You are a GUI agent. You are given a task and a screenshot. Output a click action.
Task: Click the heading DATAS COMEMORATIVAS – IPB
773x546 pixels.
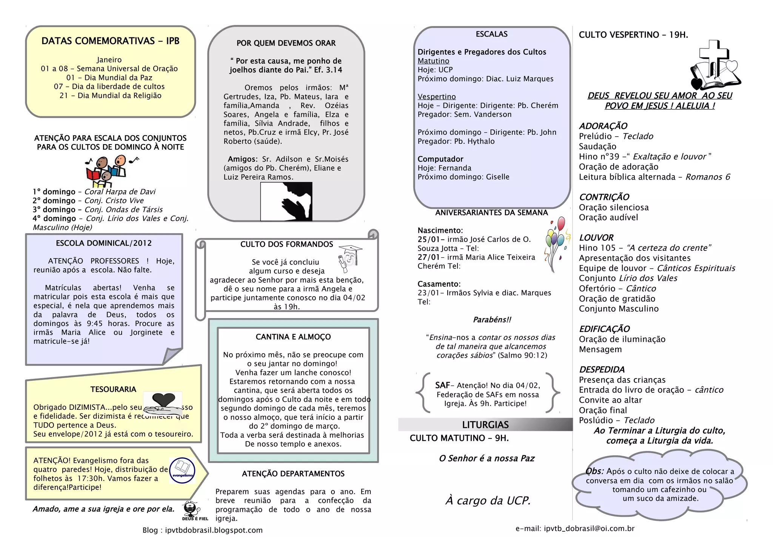(x=110, y=41)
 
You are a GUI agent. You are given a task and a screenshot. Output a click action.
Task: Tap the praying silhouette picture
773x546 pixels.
(x=286, y=201)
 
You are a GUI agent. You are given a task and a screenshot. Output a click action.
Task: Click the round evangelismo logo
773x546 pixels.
(x=182, y=471)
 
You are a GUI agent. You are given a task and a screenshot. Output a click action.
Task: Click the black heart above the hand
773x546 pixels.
(x=163, y=399)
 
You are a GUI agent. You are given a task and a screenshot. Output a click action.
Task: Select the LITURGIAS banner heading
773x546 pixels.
(x=485, y=425)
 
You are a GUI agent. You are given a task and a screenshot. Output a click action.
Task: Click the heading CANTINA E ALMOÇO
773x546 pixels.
(x=293, y=337)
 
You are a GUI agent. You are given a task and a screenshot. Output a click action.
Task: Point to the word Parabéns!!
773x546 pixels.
(x=492, y=320)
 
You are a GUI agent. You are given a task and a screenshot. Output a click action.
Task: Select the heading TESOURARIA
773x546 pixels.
(x=113, y=389)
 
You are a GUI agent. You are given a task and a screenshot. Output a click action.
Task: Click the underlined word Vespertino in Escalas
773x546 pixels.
(x=437, y=97)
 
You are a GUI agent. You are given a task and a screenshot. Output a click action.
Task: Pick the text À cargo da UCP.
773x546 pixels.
(x=488, y=501)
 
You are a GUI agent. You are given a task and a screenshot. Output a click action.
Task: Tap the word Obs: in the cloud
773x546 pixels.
(x=594, y=471)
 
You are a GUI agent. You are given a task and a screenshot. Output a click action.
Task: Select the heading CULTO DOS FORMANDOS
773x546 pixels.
(x=286, y=245)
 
